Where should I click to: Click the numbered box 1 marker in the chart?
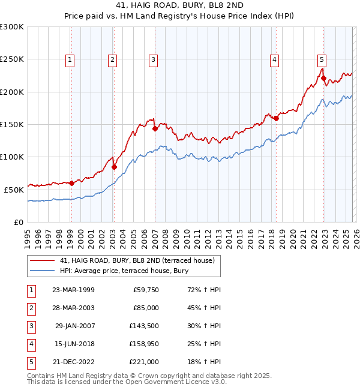[71, 59]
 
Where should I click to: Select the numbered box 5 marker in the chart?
[322, 59]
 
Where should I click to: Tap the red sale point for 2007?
[155, 128]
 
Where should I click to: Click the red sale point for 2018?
[276, 118]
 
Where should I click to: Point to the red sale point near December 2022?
[323, 78]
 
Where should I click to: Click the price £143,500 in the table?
[144, 326]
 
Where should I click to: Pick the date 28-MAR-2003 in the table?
[73, 308]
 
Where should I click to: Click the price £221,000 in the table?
[144, 362]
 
